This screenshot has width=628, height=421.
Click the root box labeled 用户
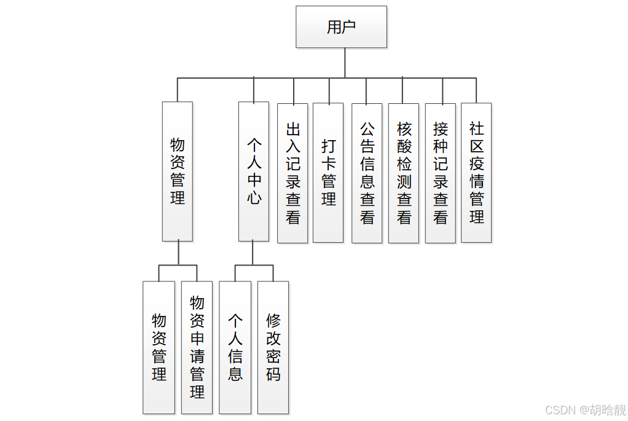point(341,27)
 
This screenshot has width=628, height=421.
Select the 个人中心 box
point(254,171)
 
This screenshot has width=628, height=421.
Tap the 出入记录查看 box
point(293,173)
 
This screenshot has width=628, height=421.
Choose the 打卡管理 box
point(328,173)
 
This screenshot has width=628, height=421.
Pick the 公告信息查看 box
point(367,173)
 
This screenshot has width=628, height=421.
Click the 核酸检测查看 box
point(404,173)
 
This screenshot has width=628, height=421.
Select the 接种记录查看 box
point(441,173)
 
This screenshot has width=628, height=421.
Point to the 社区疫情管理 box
point(476,173)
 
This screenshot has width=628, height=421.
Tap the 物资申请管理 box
point(197,347)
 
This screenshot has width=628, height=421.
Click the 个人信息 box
point(235,347)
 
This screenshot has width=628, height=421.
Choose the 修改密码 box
point(273,347)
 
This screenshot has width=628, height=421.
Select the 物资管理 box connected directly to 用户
point(178,171)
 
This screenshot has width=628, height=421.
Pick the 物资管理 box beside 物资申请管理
point(159,347)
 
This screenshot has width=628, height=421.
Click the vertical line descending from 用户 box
point(345,63)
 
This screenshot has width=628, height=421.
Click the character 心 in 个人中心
point(254,198)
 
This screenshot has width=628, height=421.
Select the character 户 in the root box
point(349,27)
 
